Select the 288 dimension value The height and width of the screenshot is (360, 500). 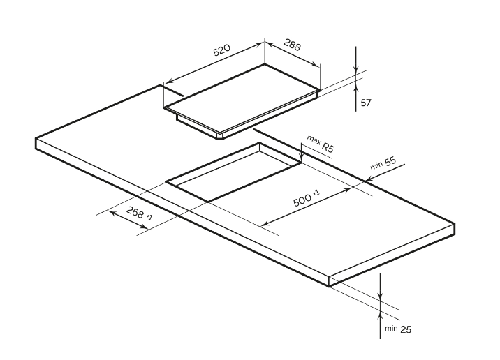(x=292, y=47)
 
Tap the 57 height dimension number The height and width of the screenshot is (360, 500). (x=365, y=103)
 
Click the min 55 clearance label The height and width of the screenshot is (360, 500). (x=383, y=164)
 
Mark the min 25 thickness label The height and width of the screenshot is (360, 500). (x=395, y=327)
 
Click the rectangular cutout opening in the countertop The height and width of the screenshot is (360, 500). (x=230, y=174)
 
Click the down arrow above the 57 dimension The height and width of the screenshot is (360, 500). (x=356, y=70)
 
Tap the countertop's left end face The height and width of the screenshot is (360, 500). (x=36, y=143)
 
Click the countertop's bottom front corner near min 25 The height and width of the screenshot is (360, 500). (x=330, y=285)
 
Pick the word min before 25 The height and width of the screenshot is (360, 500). (x=389, y=327)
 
